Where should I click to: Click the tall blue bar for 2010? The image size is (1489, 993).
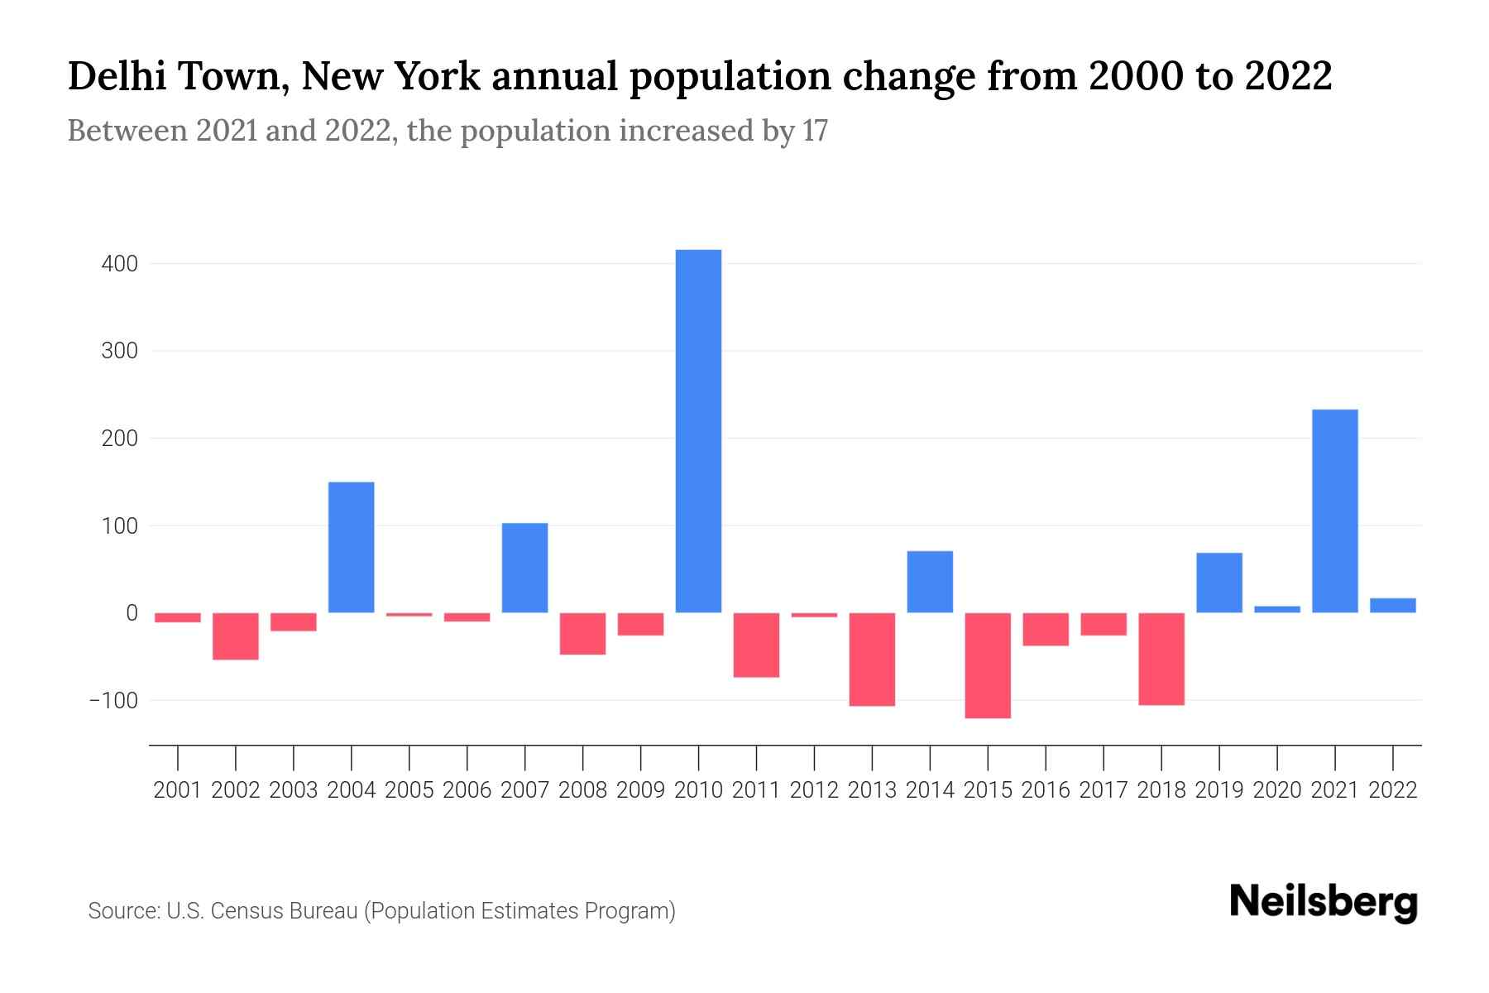pos(698,430)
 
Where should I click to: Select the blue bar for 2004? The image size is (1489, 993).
pos(351,547)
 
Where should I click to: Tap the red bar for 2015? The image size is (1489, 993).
pos(988,665)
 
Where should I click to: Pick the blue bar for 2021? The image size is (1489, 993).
pos(1334,511)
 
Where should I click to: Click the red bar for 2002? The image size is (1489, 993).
pos(236,636)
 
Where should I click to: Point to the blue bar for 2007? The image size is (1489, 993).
pos(524,568)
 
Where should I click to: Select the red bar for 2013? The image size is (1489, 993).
pos(872,659)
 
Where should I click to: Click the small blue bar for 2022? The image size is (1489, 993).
pos(1392,605)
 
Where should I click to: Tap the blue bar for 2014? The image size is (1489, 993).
pos(930,582)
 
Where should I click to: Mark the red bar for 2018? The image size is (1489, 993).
pos(1161,659)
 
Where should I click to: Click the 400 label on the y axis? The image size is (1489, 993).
pos(120,264)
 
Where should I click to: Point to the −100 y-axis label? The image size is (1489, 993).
pos(113,700)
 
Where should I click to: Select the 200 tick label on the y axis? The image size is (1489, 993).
pos(120,439)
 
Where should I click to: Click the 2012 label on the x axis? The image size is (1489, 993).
pos(814,790)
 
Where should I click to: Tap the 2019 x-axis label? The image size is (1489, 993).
pos(1219,790)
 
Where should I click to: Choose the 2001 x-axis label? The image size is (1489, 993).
pos(178,790)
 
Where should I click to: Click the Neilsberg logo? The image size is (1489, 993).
pos(1323,903)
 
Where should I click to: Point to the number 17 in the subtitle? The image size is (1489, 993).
pos(814,131)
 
